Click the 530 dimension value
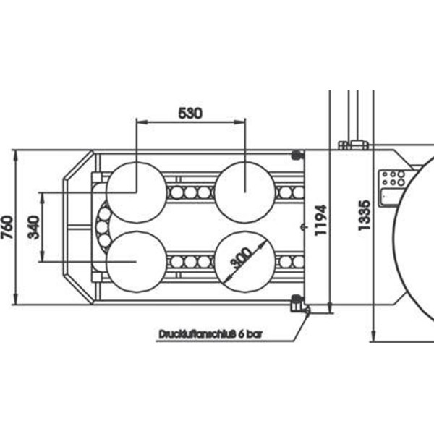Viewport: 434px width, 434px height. [190, 113]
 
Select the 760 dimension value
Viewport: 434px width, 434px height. [7, 227]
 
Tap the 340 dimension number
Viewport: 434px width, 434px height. [34, 227]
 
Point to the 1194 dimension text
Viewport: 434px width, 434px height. [321, 221]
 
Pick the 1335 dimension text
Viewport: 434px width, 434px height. [365, 215]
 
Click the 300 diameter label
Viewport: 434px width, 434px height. [242, 258]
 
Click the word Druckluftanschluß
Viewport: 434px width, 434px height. [197, 333]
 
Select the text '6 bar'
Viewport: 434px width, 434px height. [250, 333]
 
